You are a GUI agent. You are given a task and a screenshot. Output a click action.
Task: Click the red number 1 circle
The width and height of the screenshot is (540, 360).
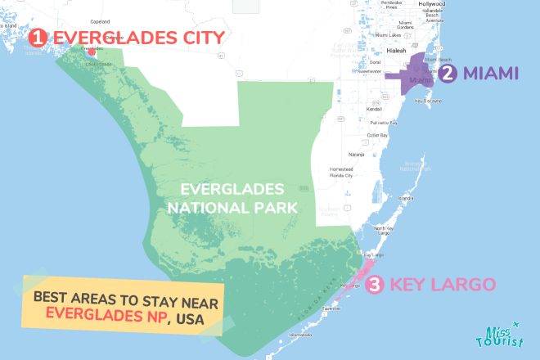(36, 37)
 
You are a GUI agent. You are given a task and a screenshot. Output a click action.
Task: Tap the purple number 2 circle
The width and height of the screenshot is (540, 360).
(447, 74)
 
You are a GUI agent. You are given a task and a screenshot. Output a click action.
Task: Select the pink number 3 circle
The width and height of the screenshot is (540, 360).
(373, 285)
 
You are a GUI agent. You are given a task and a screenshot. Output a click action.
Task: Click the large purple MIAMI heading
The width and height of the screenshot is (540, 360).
(491, 74)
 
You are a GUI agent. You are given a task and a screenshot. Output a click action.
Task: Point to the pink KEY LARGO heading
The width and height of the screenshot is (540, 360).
(443, 285)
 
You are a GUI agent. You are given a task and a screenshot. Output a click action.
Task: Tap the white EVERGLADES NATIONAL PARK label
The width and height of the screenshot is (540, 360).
(232, 197)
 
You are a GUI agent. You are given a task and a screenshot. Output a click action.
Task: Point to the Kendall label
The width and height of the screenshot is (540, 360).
(375, 108)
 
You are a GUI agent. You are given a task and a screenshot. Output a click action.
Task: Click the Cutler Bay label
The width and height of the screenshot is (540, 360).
(377, 134)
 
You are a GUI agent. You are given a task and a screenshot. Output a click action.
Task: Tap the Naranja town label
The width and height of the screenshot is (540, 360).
(357, 153)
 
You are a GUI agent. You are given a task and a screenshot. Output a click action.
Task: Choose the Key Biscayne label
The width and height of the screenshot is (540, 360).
(428, 101)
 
